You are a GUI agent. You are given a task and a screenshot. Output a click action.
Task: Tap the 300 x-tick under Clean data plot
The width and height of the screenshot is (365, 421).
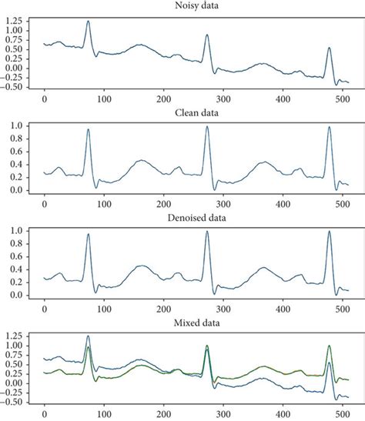click(x=223, y=204)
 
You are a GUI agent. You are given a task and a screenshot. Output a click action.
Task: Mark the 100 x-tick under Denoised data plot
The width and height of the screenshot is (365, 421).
click(x=104, y=309)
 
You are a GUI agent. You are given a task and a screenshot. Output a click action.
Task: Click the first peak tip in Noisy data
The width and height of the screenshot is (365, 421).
click(x=88, y=22)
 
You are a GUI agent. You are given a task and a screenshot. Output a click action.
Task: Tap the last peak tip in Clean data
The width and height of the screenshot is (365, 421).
click(x=330, y=128)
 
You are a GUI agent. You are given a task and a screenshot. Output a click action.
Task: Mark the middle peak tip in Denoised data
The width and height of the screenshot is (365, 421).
click(x=207, y=232)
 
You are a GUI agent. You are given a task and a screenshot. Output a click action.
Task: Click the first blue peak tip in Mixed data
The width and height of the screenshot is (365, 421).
click(x=88, y=336)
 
